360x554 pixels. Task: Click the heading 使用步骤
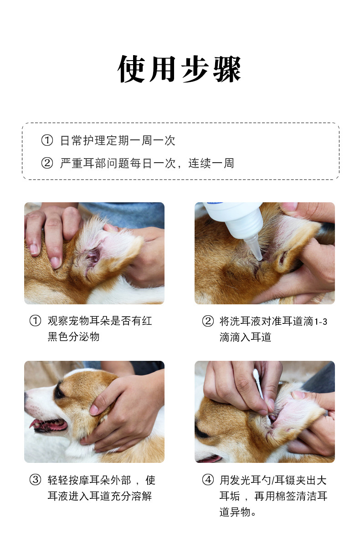pos(180,69)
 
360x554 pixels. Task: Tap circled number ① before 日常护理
pos(47,140)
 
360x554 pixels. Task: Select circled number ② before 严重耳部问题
pos(47,163)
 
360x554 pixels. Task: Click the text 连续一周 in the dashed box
pos(211,163)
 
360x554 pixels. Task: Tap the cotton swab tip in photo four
pos(256,374)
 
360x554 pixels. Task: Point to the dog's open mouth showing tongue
pos(50,425)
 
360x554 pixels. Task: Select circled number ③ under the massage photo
pos(35,480)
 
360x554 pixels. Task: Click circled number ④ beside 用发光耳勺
pos(208,480)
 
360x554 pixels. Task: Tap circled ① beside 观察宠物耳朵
pos(35,321)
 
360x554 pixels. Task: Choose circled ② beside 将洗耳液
pos(208,321)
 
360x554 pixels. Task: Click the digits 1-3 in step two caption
pos(321,322)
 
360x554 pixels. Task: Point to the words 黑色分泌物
pos(73,337)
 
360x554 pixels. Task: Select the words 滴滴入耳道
pos(246,337)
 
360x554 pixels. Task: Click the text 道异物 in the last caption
pos(235,512)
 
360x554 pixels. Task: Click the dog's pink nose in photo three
pos(26,395)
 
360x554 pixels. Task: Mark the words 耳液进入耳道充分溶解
pos(100,496)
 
